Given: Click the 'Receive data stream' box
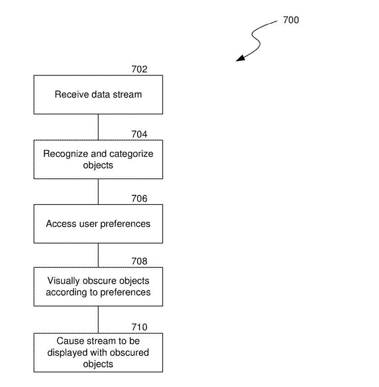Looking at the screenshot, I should coord(98,95).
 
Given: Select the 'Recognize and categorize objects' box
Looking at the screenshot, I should coord(98,159).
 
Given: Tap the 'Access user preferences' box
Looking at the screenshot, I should coord(98,224).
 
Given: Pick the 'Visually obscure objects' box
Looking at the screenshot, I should coord(98,287).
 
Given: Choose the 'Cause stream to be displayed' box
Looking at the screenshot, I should coord(98,353).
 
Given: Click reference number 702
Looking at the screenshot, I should coord(139,70).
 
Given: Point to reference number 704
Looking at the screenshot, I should coord(139,134).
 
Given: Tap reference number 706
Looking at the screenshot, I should coord(139,199).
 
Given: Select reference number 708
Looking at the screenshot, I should coord(139,262).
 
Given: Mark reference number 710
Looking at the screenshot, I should coord(139,327).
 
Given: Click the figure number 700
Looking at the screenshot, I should coord(291,20).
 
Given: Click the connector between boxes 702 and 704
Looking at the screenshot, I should coord(98,127).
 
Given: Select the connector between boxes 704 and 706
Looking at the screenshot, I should coord(98,191).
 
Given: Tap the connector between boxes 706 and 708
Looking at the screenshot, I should coord(98,255).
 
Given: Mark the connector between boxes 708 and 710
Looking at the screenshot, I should coord(98,319).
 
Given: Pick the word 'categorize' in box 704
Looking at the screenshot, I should coord(133,154).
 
